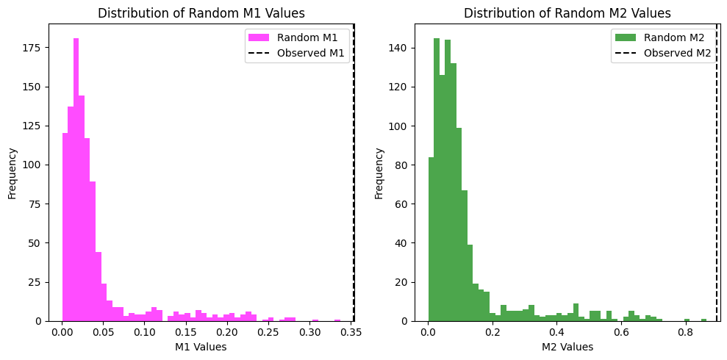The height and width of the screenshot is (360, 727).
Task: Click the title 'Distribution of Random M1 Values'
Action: pyautogui.click(x=201, y=13)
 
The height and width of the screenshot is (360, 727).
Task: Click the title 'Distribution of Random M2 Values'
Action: pyautogui.click(x=567, y=13)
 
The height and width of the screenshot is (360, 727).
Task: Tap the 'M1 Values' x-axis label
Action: pyautogui.click(x=201, y=347)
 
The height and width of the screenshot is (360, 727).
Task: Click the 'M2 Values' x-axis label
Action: pyautogui.click(x=567, y=347)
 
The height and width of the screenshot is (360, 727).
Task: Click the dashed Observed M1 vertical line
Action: pyautogui.click(x=353, y=184)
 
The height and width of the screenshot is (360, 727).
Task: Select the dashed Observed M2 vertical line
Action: pyautogui.click(x=717, y=184)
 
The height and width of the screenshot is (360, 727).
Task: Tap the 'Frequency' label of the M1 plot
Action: pyautogui.click(x=12, y=173)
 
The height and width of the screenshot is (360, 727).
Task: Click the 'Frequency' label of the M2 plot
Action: pyautogui.click(x=379, y=173)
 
